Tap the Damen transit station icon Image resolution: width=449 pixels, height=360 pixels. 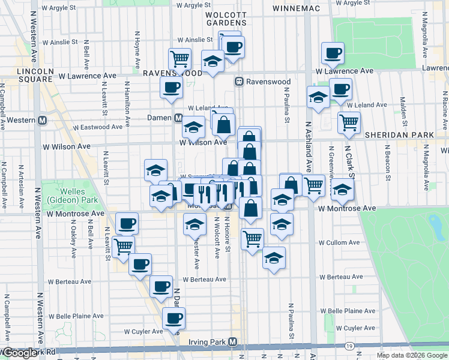(x=178, y=118)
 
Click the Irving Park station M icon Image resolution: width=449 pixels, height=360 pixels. (x=233, y=342)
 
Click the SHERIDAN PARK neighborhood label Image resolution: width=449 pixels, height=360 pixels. (x=399, y=135)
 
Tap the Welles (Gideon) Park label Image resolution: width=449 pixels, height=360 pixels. (x=63, y=196)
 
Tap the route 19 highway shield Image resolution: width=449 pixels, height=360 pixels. (x=349, y=346)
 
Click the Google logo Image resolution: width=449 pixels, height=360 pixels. (x=21, y=353)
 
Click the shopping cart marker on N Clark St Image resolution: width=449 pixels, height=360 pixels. (x=349, y=123)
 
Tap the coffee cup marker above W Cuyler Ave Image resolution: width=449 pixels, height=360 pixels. (x=173, y=318)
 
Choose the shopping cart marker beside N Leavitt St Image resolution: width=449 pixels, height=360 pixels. (x=123, y=246)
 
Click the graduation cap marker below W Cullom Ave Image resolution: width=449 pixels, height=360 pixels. (x=274, y=258)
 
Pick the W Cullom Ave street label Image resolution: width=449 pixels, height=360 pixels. (x=339, y=243)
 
